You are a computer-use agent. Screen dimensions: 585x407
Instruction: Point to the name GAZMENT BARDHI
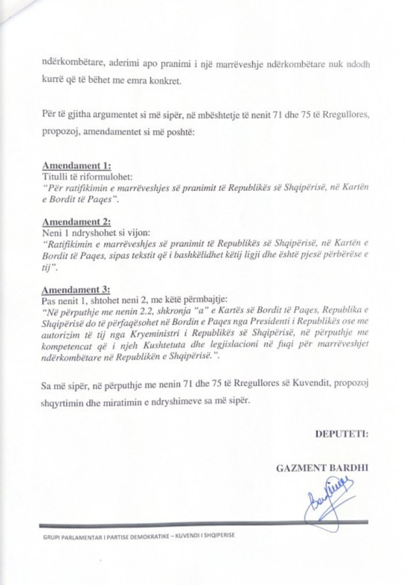(x=322, y=468)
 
